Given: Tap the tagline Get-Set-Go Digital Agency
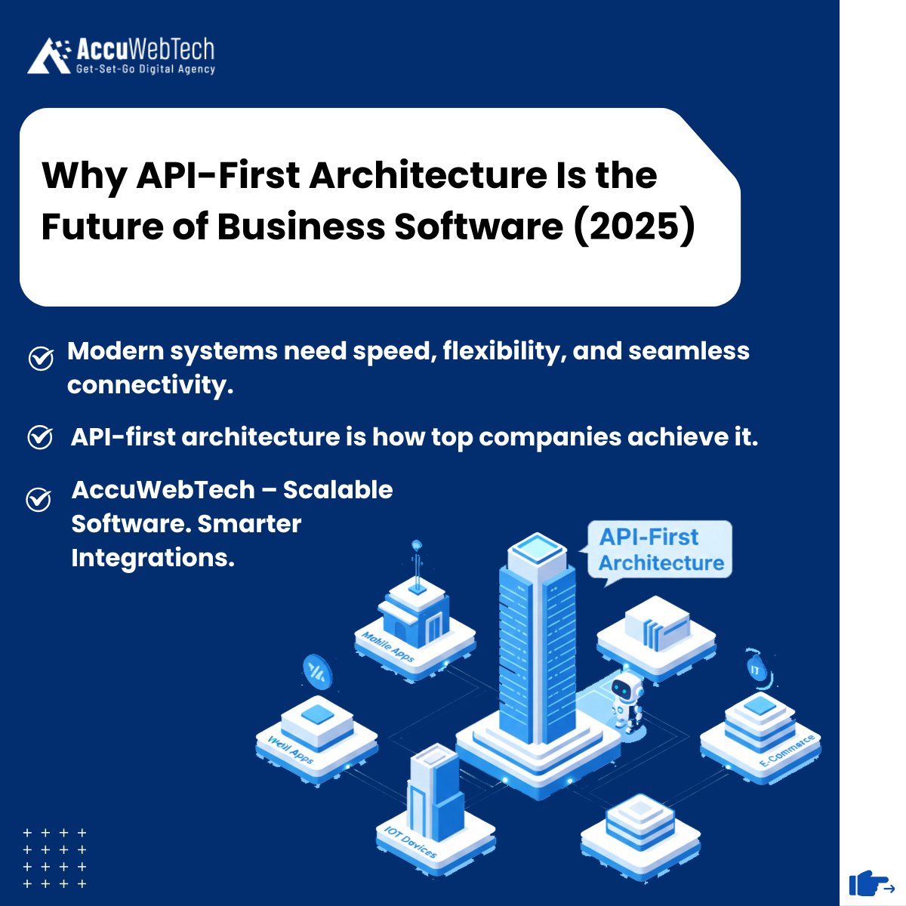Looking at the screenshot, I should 146,69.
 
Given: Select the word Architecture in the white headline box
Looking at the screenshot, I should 426,175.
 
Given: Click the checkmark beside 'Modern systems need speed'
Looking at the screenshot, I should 41,359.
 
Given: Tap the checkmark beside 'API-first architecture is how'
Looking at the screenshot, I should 40,437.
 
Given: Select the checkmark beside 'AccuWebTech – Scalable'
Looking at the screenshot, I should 39,499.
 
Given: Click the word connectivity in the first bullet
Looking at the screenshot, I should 149,385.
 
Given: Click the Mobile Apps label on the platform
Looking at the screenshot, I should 388,647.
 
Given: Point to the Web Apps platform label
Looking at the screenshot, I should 291,747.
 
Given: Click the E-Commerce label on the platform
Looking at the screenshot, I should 787,756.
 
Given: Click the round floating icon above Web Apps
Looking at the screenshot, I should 317,670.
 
